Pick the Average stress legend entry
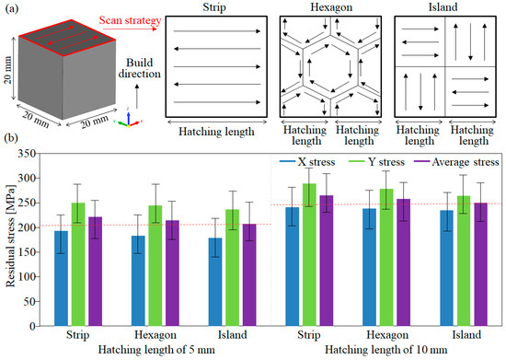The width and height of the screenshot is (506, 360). click(456, 162)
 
